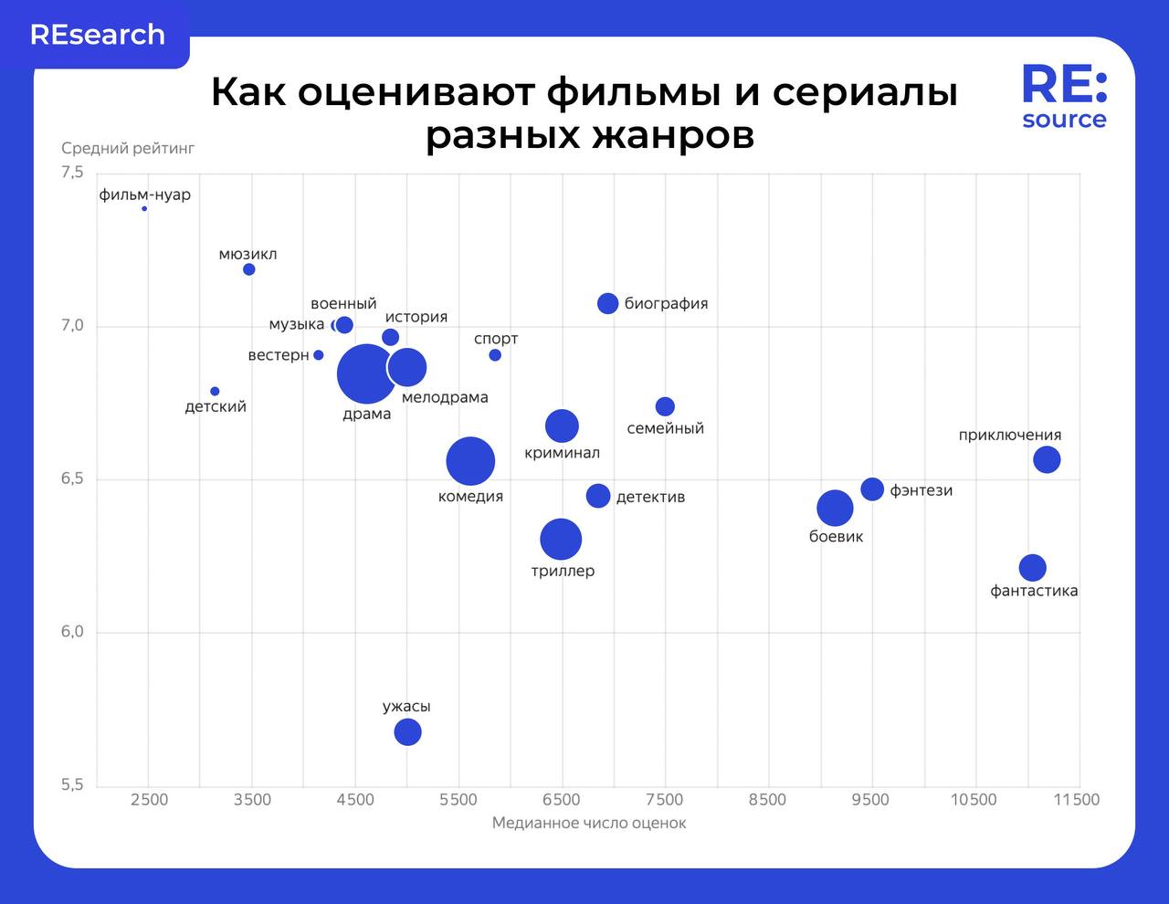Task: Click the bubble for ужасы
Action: pyautogui.click(x=407, y=731)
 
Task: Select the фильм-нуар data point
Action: pyautogui.click(x=144, y=209)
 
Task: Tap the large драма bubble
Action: pyautogui.click(x=366, y=373)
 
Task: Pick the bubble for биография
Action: pyautogui.click(x=608, y=303)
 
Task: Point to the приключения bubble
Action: pyautogui.click(x=1047, y=459)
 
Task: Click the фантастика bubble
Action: pyautogui.click(x=1032, y=567)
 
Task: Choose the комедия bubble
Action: pyautogui.click(x=470, y=461)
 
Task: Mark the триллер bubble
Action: pyautogui.click(x=561, y=539)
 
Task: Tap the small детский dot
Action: pyautogui.click(x=215, y=392)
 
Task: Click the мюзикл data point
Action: pyautogui.click(x=249, y=269)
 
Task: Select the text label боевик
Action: pyautogui.click(x=836, y=537)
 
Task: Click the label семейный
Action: pyautogui.click(x=666, y=428)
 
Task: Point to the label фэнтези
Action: pyautogui.click(x=922, y=490)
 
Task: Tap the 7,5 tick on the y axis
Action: pyautogui.click(x=72, y=173)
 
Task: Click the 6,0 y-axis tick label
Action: pyautogui.click(x=72, y=632)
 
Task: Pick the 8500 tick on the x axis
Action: pyautogui.click(x=767, y=800)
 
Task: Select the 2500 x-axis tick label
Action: pyautogui.click(x=150, y=800)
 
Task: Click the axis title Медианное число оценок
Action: pyautogui.click(x=589, y=823)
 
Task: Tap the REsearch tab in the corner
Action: pyautogui.click(x=98, y=35)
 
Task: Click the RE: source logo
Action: pyautogui.click(x=1064, y=97)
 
